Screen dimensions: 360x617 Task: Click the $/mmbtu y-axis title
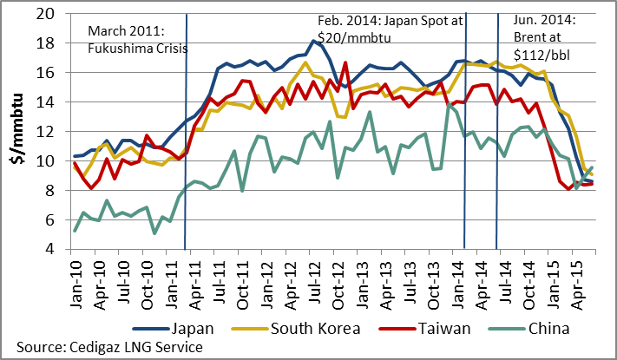click(x=16, y=132)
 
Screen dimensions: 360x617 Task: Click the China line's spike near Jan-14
click(x=450, y=105)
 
